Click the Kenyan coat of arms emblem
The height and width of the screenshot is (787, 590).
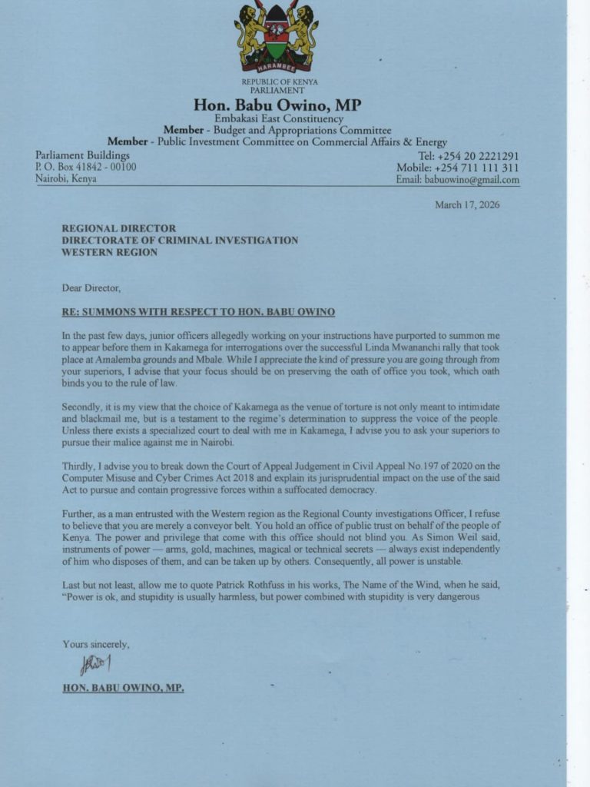tap(277, 37)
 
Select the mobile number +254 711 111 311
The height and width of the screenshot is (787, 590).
tap(476, 168)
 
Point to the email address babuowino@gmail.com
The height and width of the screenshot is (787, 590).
tap(470, 180)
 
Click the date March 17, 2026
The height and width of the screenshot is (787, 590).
tap(467, 205)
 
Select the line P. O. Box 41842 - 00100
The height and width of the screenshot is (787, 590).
tap(85, 167)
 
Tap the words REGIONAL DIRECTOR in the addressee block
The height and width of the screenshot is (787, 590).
tap(119, 228)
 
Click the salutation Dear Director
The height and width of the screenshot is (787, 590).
tap(91, 288)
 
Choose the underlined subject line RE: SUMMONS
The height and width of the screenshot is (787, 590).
tap(198, 312)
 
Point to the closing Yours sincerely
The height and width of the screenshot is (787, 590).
tap(96, 644)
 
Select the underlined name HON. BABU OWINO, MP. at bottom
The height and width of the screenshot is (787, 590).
tap(123, 688)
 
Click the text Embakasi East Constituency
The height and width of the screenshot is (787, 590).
tap(278, 119)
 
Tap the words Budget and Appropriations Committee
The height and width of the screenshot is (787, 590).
tap(301, 131)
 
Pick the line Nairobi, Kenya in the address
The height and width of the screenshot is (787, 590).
tap(67, 179)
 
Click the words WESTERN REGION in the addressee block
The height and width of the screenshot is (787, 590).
tap(109, 252)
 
